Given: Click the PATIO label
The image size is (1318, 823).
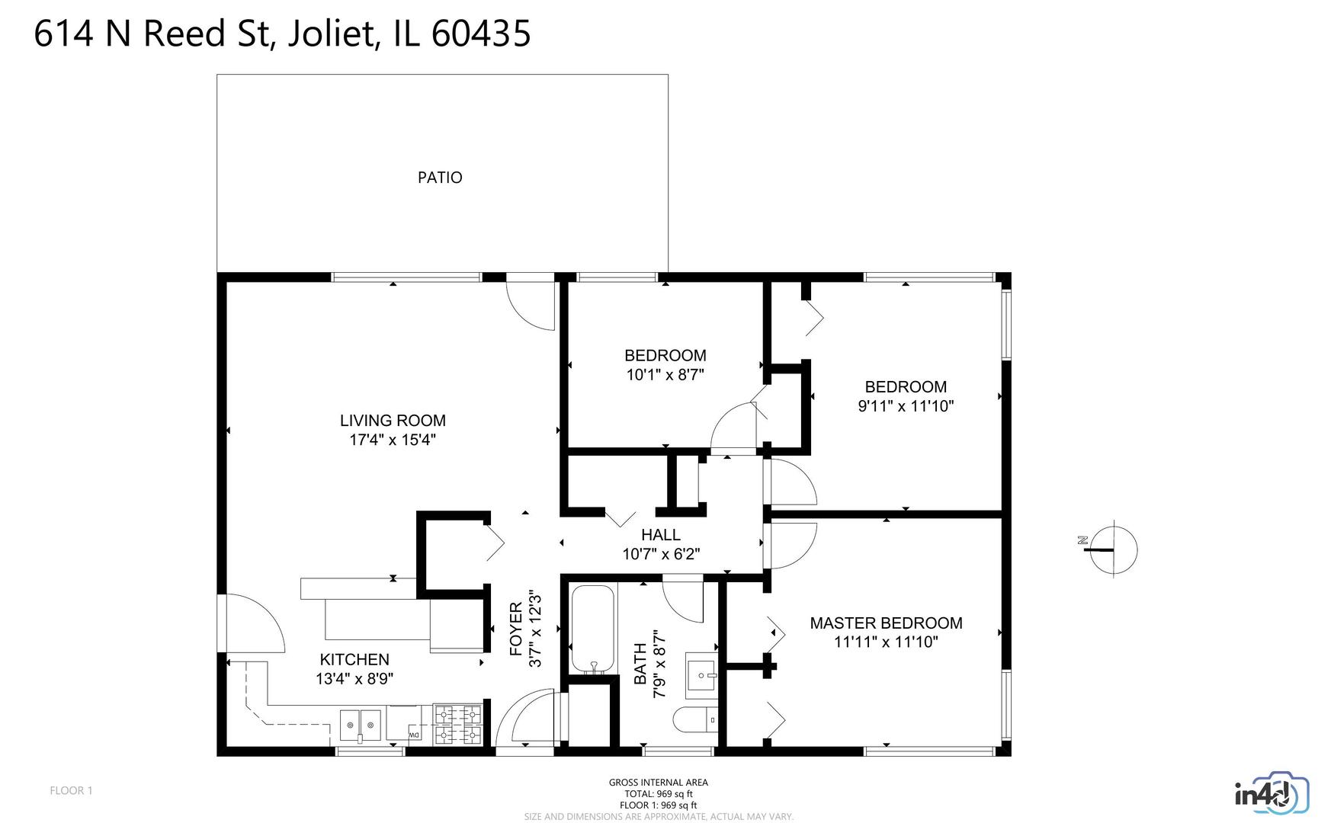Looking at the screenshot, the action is [x=440, y=178].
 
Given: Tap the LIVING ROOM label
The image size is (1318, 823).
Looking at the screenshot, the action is [x=393, y=420].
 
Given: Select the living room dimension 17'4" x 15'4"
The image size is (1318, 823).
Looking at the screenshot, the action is [x=393, y=440].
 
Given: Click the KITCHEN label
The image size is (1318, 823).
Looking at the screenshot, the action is [x=354, y=659].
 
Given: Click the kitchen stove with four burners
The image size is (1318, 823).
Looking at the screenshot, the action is [x=458, y=723].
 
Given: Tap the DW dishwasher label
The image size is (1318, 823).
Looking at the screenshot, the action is [x=415, y=735].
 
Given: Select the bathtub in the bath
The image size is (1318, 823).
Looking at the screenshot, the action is [x=592, y=629].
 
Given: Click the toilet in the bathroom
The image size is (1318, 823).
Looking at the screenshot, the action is [x=695, y=719].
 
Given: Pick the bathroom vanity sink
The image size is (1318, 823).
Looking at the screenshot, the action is [x=701, y=675].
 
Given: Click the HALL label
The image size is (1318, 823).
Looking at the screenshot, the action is [x=661, y=535].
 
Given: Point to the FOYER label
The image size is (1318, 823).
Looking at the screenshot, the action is [x=516, y=629].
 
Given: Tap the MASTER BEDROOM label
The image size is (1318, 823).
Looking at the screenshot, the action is [x=886, y=623].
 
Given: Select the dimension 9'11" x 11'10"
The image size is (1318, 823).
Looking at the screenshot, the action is [x=906, y=406].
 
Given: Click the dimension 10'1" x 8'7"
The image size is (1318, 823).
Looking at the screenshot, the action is [x=665, y=375].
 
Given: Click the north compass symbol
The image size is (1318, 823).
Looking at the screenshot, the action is [x=1112, y=549].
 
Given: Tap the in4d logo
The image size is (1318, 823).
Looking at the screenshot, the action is [x=1271, y=795].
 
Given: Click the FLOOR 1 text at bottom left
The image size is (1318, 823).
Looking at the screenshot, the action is [x=71, y=790].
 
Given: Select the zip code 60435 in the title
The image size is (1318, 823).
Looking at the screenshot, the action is [x=480, y=34].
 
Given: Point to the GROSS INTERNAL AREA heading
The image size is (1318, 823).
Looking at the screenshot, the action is [x=659, y=783].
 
